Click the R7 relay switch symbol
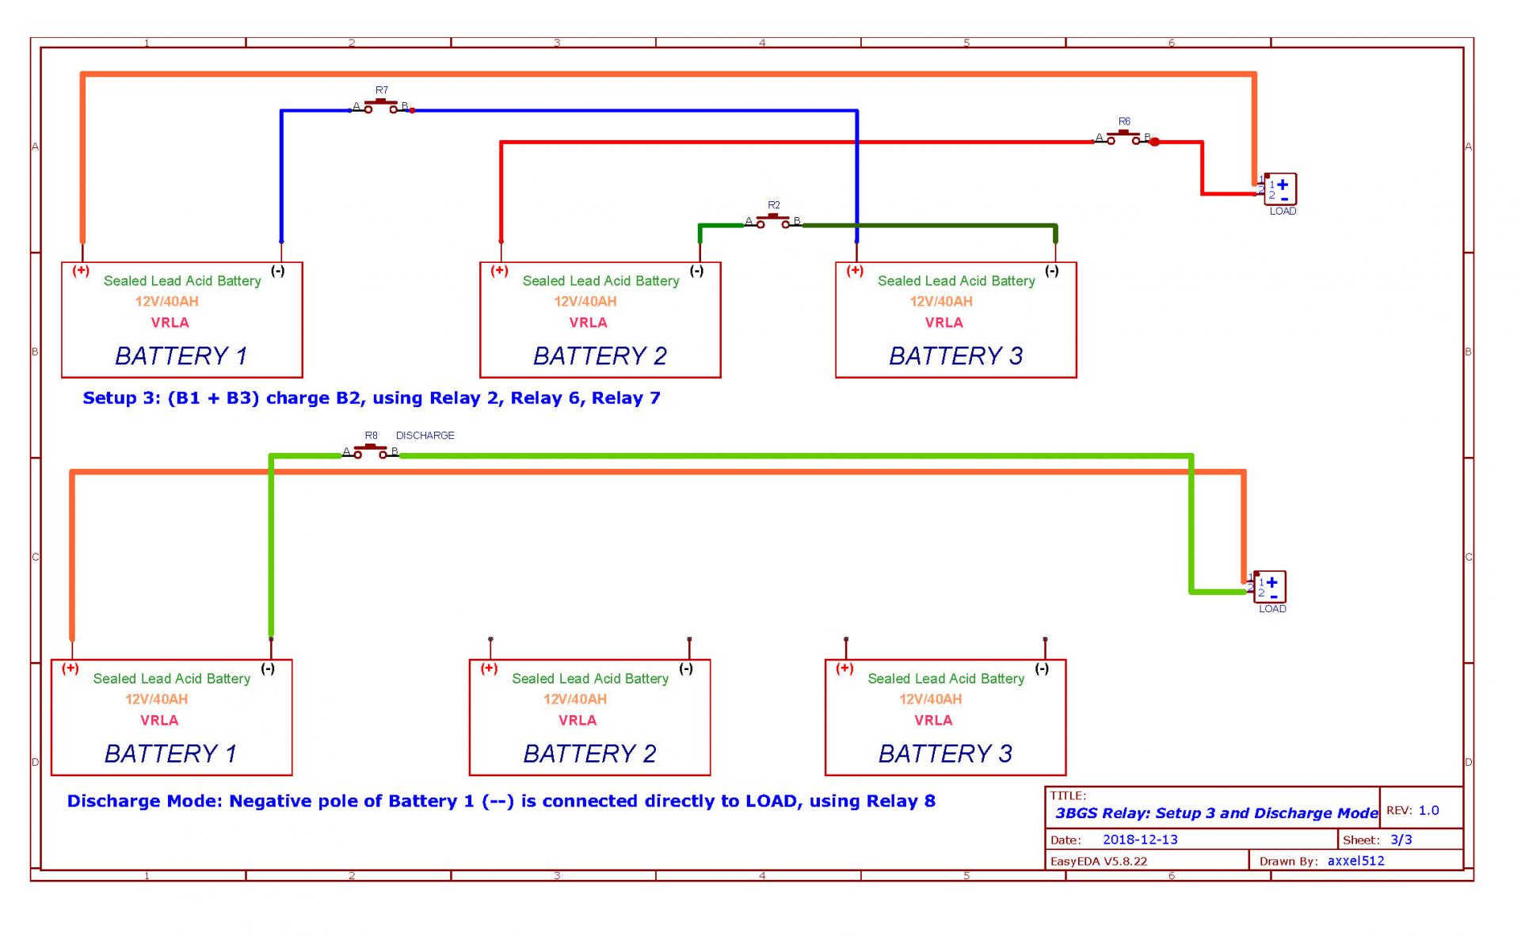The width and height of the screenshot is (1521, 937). point(381,106)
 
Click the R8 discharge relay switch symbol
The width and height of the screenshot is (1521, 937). point(370,451)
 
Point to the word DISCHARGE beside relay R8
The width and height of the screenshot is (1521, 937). point(425,435)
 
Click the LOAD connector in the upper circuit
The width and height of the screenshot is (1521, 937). point(1279,189)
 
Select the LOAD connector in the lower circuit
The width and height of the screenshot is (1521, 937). point(1269,587)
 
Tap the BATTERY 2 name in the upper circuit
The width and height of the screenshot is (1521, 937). point(600,356)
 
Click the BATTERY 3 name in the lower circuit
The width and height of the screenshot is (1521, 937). point(945,753)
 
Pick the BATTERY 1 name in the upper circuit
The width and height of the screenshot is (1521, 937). point(181,356)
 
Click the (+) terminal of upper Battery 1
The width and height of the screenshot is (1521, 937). point(81,271)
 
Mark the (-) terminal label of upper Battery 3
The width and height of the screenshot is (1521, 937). point(1051,271)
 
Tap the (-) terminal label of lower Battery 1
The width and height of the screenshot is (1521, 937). point(268,668)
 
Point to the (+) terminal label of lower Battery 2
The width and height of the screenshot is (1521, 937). point(489,668)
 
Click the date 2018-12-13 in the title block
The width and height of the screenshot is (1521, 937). point(1140,840)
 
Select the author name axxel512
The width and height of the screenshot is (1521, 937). point(1356,861)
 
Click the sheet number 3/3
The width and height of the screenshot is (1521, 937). point(1401,840)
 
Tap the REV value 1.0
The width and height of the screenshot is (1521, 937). point(1429,810)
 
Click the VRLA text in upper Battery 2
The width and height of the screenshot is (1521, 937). point(588,322)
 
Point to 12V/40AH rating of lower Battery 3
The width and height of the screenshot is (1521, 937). point(930,699)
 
